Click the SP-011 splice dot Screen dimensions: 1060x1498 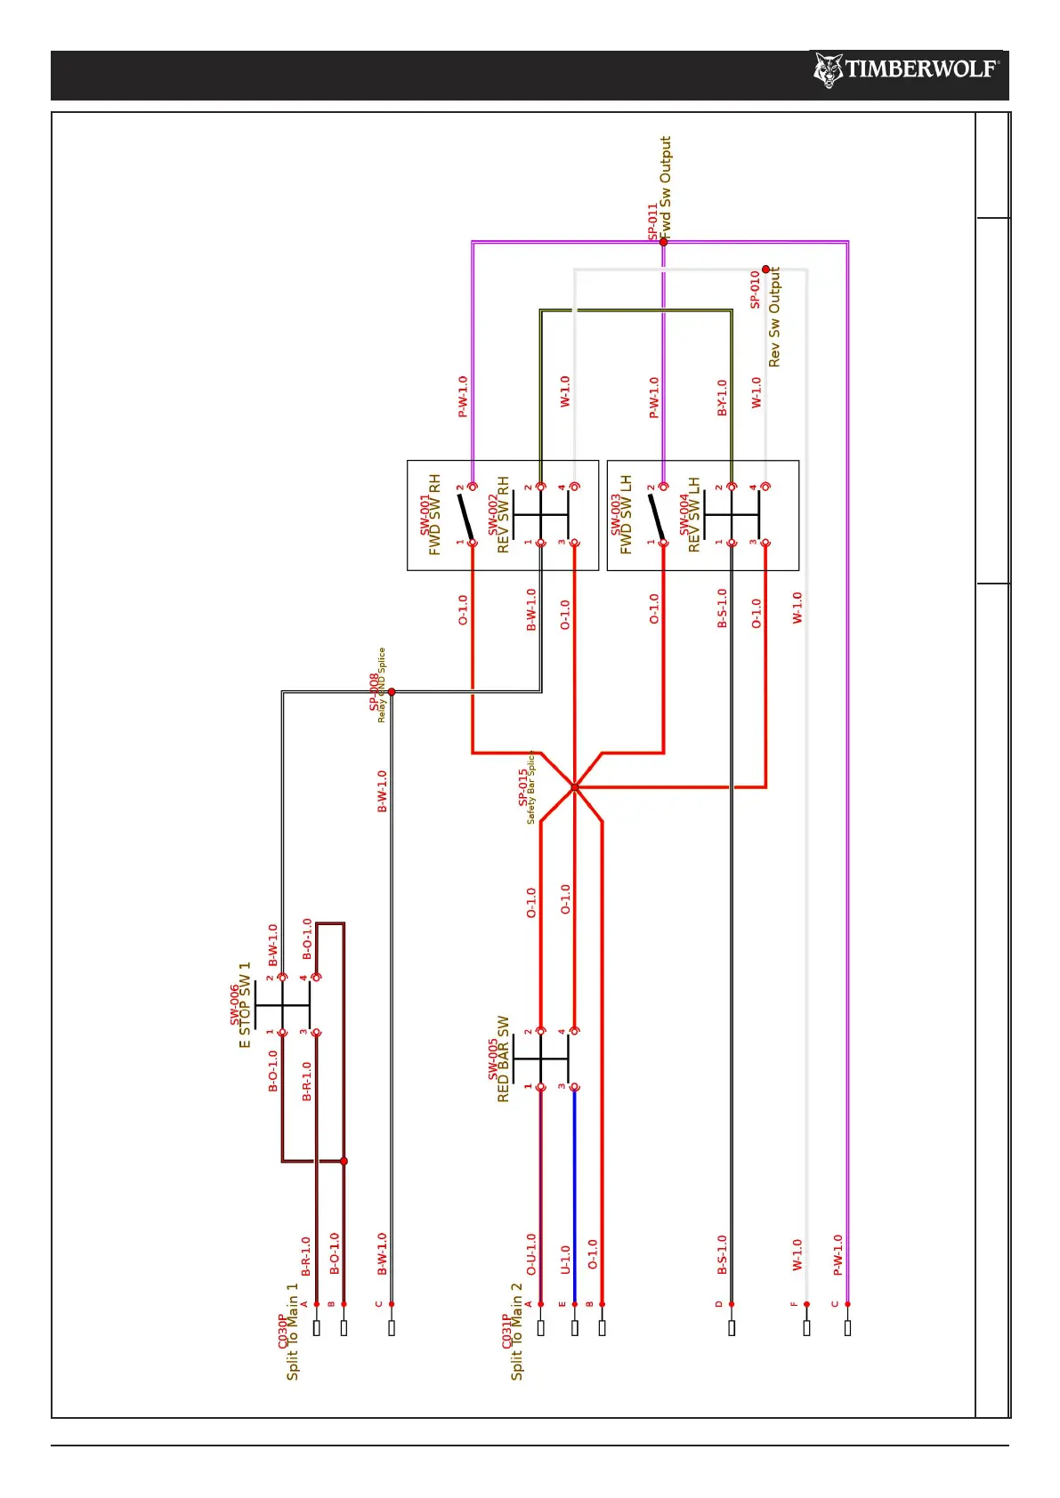663,242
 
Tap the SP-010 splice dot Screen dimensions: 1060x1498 765,270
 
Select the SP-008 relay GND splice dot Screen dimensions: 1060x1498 391,691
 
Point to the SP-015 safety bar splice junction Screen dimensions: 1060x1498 575,787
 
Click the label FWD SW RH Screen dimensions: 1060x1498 435,514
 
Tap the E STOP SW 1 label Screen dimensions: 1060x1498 246,1004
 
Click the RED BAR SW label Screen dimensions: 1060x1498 504,1059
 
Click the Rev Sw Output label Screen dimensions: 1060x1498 774,317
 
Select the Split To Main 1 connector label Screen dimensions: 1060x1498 293,1331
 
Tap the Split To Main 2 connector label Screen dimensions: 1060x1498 517,1331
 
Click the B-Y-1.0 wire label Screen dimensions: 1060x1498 722,398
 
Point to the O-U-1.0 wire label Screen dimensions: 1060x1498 531,1254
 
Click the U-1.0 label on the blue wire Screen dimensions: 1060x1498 564,1260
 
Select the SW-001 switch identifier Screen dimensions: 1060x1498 425,515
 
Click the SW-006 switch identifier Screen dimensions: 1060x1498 235,1004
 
